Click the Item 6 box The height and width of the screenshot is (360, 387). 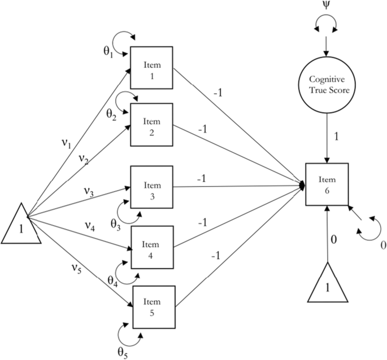click(327, 184)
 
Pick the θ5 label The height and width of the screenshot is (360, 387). click(123, 351)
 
